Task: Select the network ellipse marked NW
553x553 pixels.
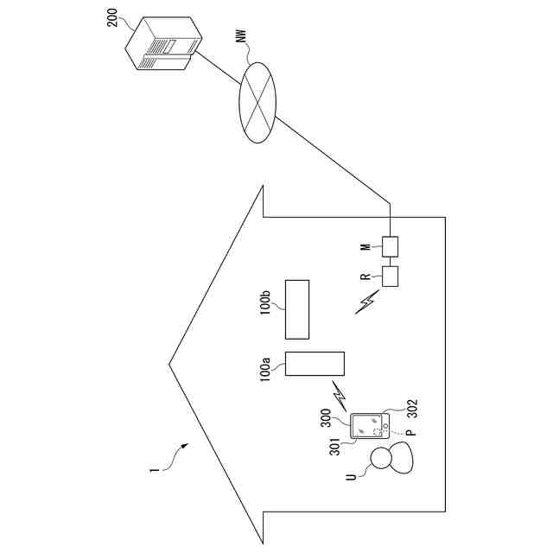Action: click(256, 102)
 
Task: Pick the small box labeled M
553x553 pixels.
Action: click(390, 247)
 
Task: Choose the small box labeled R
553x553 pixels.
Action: click(390, 277)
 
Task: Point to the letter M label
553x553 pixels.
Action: click(366, 249)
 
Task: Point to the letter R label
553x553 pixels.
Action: click(366, 277)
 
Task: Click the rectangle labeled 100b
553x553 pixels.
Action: click(297, 309)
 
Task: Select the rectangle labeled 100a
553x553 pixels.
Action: click(315, 364)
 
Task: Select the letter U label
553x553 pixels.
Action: click(351, 476)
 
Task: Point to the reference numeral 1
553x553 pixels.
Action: click(155, 471)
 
